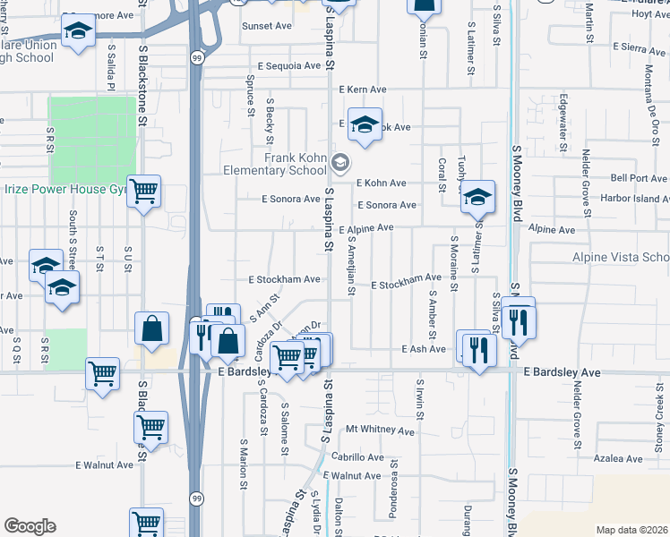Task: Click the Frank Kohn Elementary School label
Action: click(x=295, y=165)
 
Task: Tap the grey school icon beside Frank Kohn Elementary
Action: click(x=339, y=163)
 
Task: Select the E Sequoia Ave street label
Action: click(x=288, y=66)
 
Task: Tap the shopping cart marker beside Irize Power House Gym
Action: click(x=143, y=191)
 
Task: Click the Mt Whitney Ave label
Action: click(x=381, y=430)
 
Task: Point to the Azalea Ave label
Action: click(x=619, y=457)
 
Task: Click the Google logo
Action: click(x=30, y=526)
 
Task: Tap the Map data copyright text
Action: click(x=631, y=530)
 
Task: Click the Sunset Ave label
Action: click(x=268, y=27)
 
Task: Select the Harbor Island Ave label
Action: click(x=634, y=198)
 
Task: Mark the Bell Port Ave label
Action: click(x=640, y=178)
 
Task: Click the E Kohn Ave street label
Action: click(x=381, y=183)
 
